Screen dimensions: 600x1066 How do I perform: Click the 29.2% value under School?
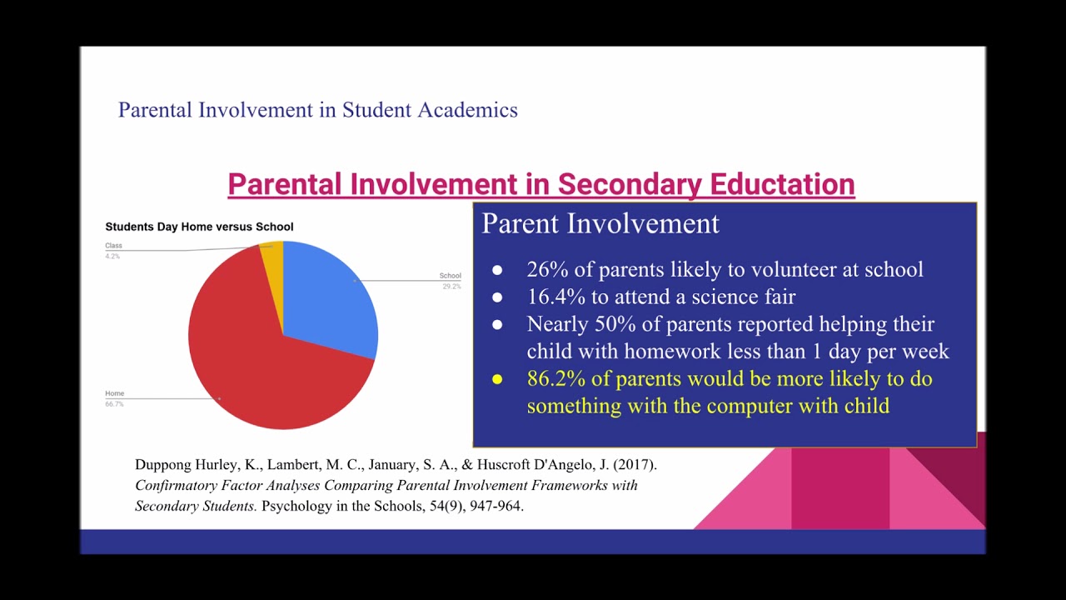(x=451, y=287)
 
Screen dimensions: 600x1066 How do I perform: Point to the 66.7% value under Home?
(x=114, y=404)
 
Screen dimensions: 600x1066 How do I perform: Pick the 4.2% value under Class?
(x=112, y=256)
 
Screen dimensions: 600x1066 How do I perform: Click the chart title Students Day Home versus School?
(x=199, y=227)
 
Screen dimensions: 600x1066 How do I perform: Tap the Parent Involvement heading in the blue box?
(x=600, y=223)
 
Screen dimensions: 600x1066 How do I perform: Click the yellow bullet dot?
(x=497, y=380)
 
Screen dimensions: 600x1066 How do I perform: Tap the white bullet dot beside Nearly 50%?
(x=497, y=324)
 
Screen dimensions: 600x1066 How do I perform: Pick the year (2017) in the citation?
(x=636, y=465)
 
